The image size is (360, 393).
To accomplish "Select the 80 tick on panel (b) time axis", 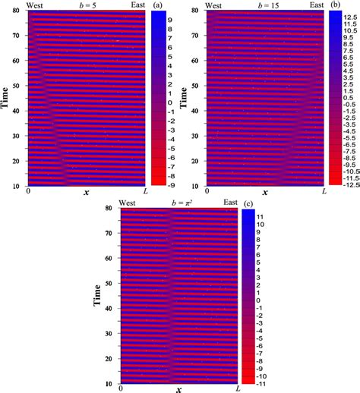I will [x=199, y=11].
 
